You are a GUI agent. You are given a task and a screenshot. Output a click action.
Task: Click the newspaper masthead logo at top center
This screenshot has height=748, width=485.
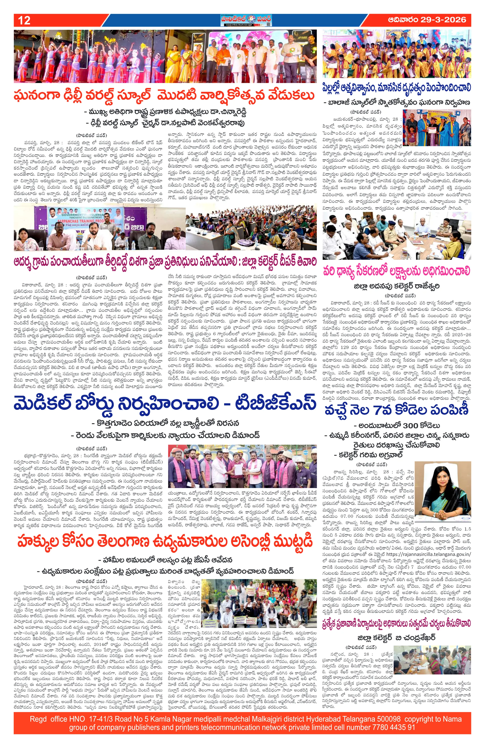click(242, 20)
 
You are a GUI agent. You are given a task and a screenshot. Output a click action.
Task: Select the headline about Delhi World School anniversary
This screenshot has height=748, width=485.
click(164, 95)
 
